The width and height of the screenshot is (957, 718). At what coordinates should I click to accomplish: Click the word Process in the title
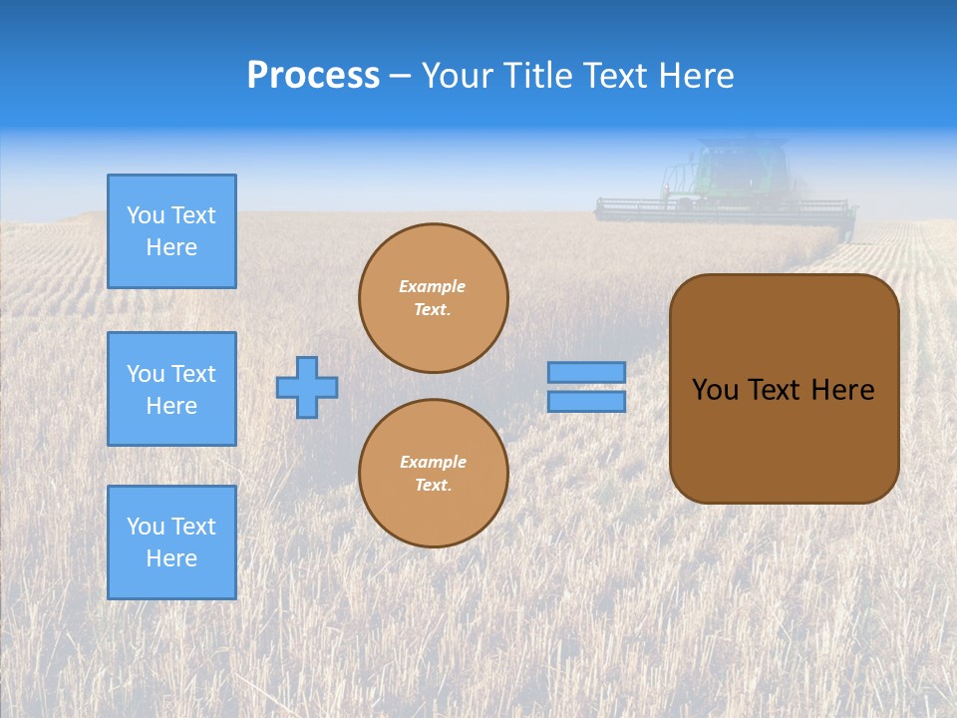click(x=313, y=76)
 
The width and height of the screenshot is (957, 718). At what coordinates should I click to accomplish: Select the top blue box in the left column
click(x=171, y=231)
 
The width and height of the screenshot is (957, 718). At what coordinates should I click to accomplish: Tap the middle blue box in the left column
click(x=171, y=389)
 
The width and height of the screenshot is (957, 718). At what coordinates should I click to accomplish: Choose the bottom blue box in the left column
click(x=171, y=542)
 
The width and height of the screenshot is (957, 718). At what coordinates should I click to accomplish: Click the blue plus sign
click(x=307, y=387)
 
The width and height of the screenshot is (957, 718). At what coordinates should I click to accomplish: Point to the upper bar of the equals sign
click(x=587, y=372)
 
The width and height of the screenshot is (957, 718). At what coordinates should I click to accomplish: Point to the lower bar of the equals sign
click(x=587, y=402)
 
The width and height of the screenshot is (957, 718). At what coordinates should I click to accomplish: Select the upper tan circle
click(x=434, y=298)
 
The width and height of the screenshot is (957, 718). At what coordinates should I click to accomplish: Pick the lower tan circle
click(x=434, y=474)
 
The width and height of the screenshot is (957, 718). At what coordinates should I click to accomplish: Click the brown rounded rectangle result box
click(x=784, y=389)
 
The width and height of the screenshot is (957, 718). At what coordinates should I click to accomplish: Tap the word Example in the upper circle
click(x=433, y=286)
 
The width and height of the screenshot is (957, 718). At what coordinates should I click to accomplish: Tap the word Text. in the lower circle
click(x=433, y=486)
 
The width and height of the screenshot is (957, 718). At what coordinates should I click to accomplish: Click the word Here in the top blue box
click(x=171, y=247)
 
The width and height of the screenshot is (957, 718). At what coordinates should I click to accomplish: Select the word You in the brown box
click(x=715, y=390)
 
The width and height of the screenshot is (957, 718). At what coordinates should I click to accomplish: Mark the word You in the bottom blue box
click(x=146, y=527)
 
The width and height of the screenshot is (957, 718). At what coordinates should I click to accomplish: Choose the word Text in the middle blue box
click(x=193, y=374)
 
